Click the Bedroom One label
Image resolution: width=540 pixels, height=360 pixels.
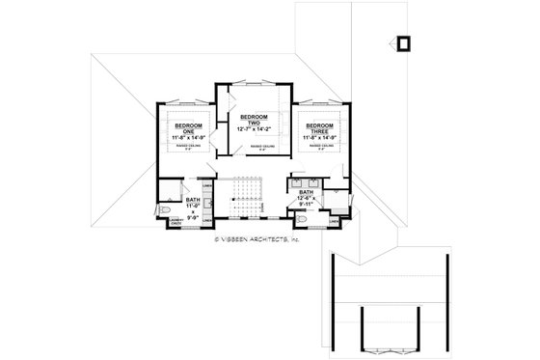point(186,129)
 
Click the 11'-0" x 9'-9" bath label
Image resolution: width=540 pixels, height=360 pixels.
point(193,208)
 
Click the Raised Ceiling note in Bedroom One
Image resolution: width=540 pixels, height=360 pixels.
point(186,149)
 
